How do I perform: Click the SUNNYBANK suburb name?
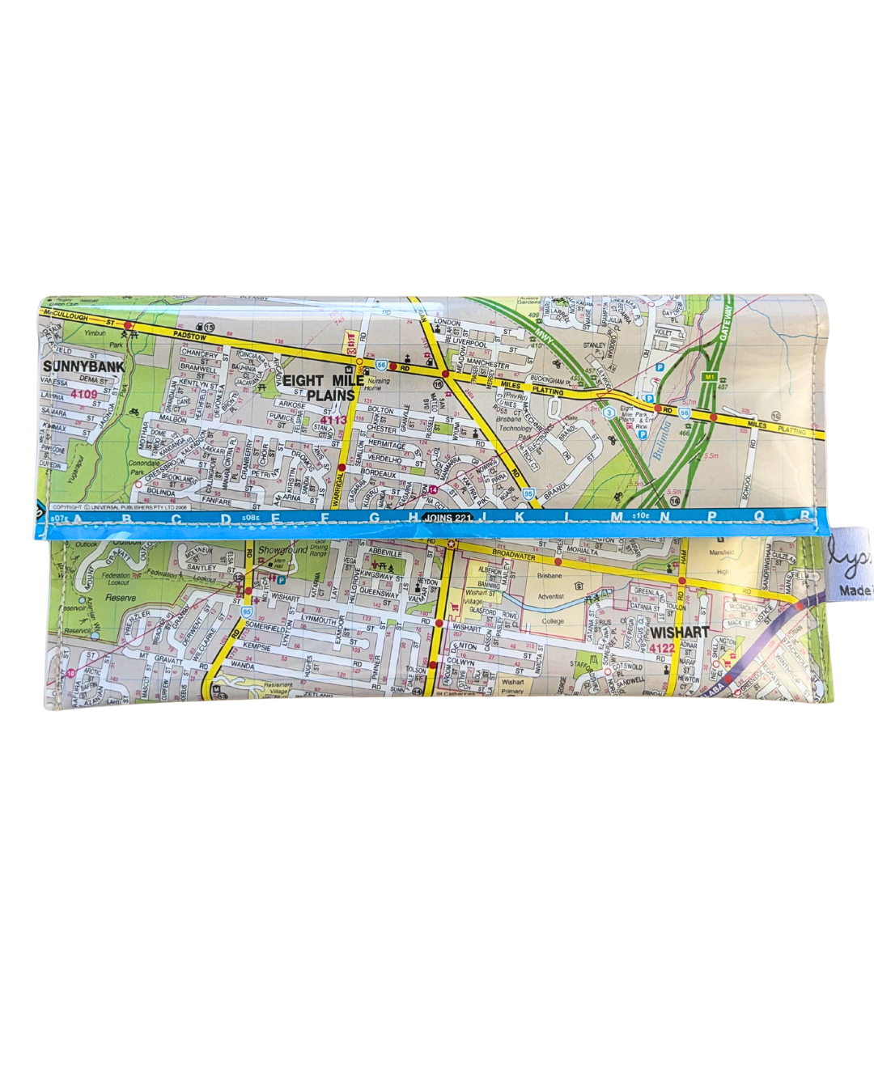click(84, 366)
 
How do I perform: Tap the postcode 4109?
click(83, 394)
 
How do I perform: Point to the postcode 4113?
click(333, 420)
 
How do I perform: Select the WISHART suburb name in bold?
click(679, 632)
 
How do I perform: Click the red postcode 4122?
click(662, 648)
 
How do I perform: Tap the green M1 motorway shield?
click(710, 377)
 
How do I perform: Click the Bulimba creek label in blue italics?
click(661, 441)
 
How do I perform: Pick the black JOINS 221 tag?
click(448, 518)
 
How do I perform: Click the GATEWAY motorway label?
click(725, 323)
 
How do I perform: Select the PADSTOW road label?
click(189, 335)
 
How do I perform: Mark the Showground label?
click(282, 550)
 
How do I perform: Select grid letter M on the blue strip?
click(617, 517)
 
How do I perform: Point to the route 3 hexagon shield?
click(608, 413)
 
